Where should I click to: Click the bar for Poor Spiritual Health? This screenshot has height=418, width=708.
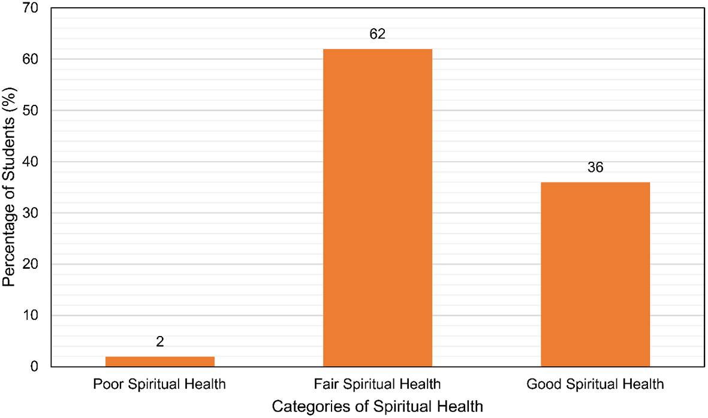(159, 361)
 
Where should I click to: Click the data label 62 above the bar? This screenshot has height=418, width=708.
(377, 34)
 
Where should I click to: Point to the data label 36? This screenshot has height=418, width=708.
(595, 168)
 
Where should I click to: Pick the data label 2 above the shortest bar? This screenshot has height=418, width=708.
(159, 342)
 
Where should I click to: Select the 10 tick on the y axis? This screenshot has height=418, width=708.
(32, 316)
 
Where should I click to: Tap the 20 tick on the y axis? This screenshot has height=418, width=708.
(32, 264)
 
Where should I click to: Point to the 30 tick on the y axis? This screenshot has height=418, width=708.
(32, 213)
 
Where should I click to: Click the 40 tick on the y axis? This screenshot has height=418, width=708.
(32, 162)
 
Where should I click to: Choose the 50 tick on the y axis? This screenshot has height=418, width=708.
(32, 111)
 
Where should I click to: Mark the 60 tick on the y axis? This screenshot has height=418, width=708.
(32, 59)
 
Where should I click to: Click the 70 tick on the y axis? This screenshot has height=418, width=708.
(32, 8)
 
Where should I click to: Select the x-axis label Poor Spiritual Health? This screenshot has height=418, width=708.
(159, 384)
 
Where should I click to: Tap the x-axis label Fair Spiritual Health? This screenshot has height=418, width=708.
(377, 384)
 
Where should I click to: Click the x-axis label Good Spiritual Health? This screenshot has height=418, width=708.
(595, 384)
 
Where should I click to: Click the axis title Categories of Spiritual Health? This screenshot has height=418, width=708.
(377, 407)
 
